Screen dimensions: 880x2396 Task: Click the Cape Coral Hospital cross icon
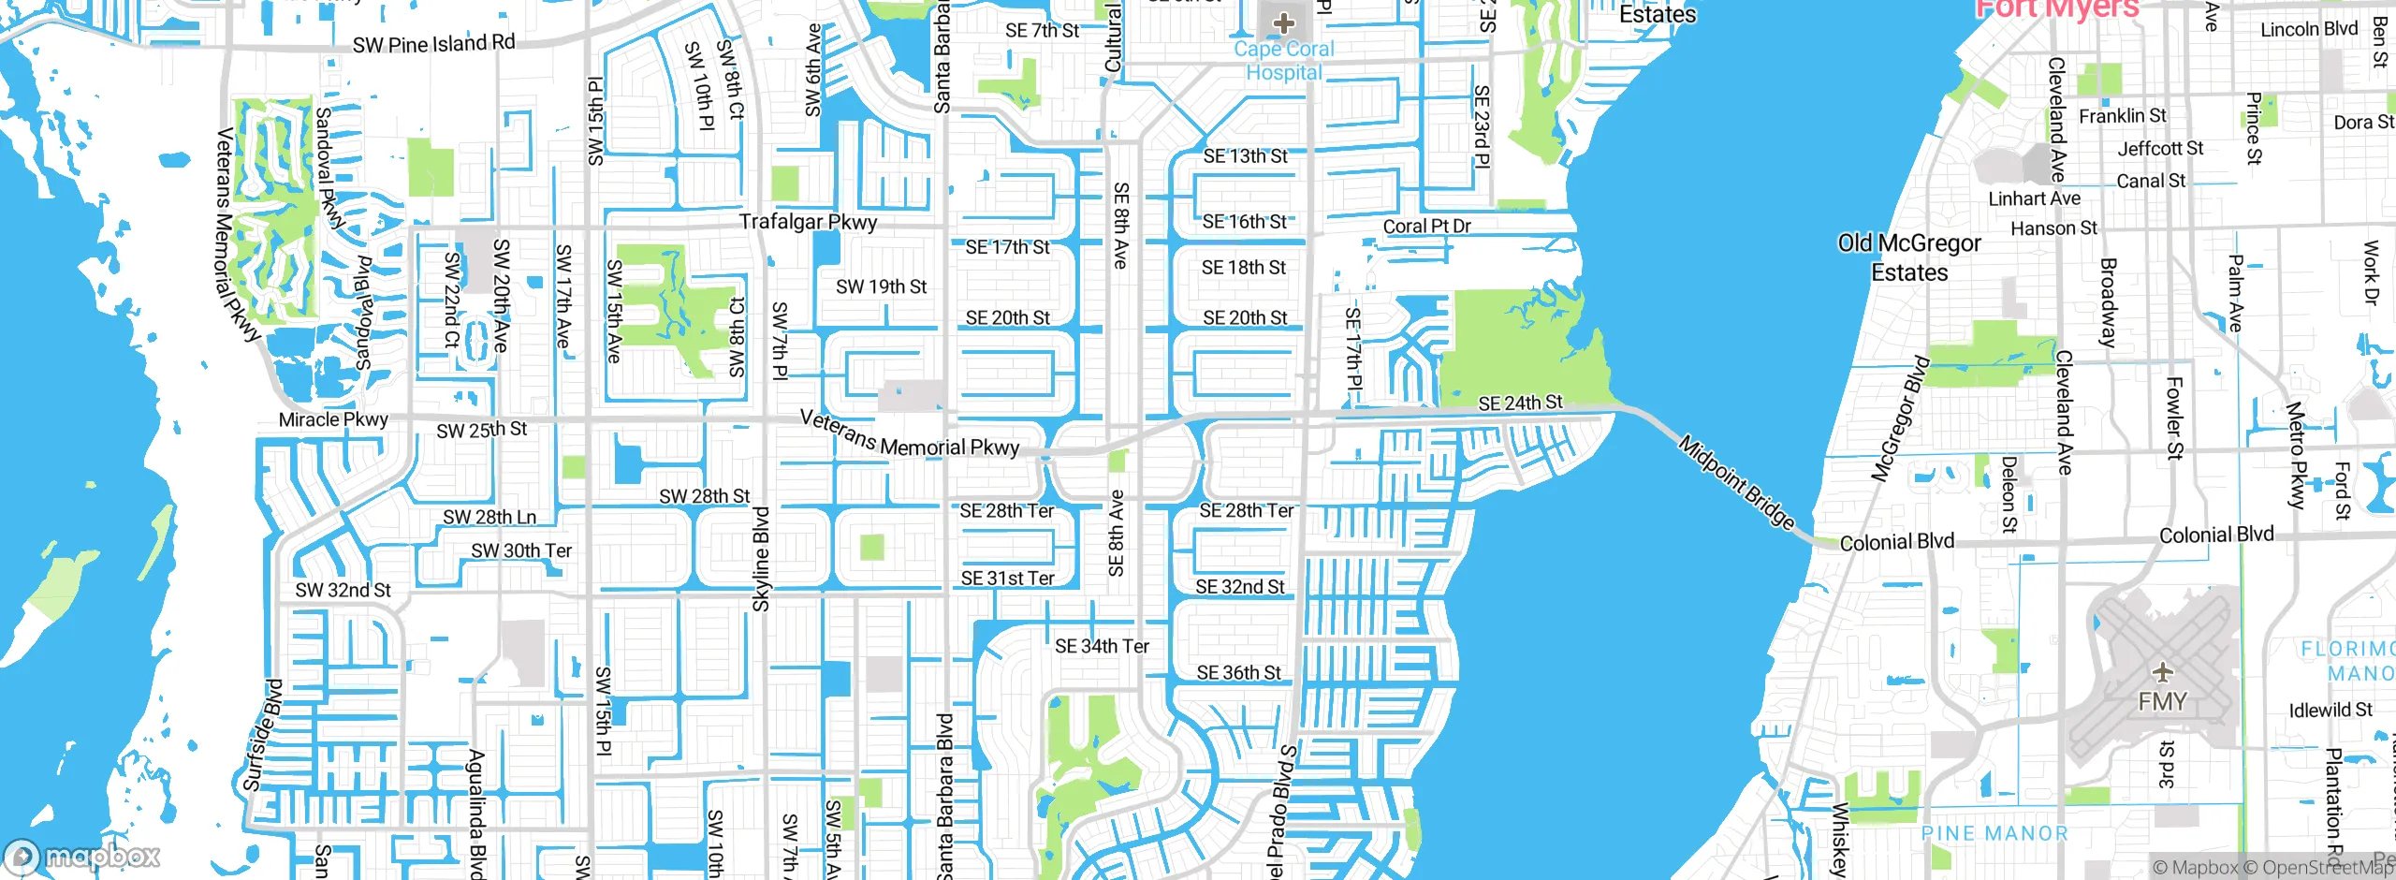click(1283, 22)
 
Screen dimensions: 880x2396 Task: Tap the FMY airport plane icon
click(2162, 672)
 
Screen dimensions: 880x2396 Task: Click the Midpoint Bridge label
click(1736, 483)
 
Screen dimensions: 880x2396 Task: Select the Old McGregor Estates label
click(1909, 257)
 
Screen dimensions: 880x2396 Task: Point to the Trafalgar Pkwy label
click(808, 222)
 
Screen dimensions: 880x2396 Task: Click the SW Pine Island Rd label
click(433, 43)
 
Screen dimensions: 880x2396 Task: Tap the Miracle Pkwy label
click(333, 419)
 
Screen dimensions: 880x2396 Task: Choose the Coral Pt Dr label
click(1426, 227)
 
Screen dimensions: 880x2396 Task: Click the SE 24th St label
click(1520, 403)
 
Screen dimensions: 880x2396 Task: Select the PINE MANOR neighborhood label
click(1994, 833)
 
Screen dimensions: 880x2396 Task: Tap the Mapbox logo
click(82, 856)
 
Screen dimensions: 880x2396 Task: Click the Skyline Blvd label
click(762, 560)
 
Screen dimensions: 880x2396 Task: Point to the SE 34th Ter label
click(1102, 646)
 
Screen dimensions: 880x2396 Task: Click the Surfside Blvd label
click(263, 736)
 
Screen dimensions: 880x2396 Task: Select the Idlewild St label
click(2330, 710)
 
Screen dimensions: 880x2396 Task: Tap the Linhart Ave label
click(2034, 198)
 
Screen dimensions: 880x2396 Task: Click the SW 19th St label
click(881, 286)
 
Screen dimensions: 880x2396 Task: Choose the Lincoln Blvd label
click(2309, 29)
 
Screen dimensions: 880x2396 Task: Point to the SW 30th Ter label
click(520, 550)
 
